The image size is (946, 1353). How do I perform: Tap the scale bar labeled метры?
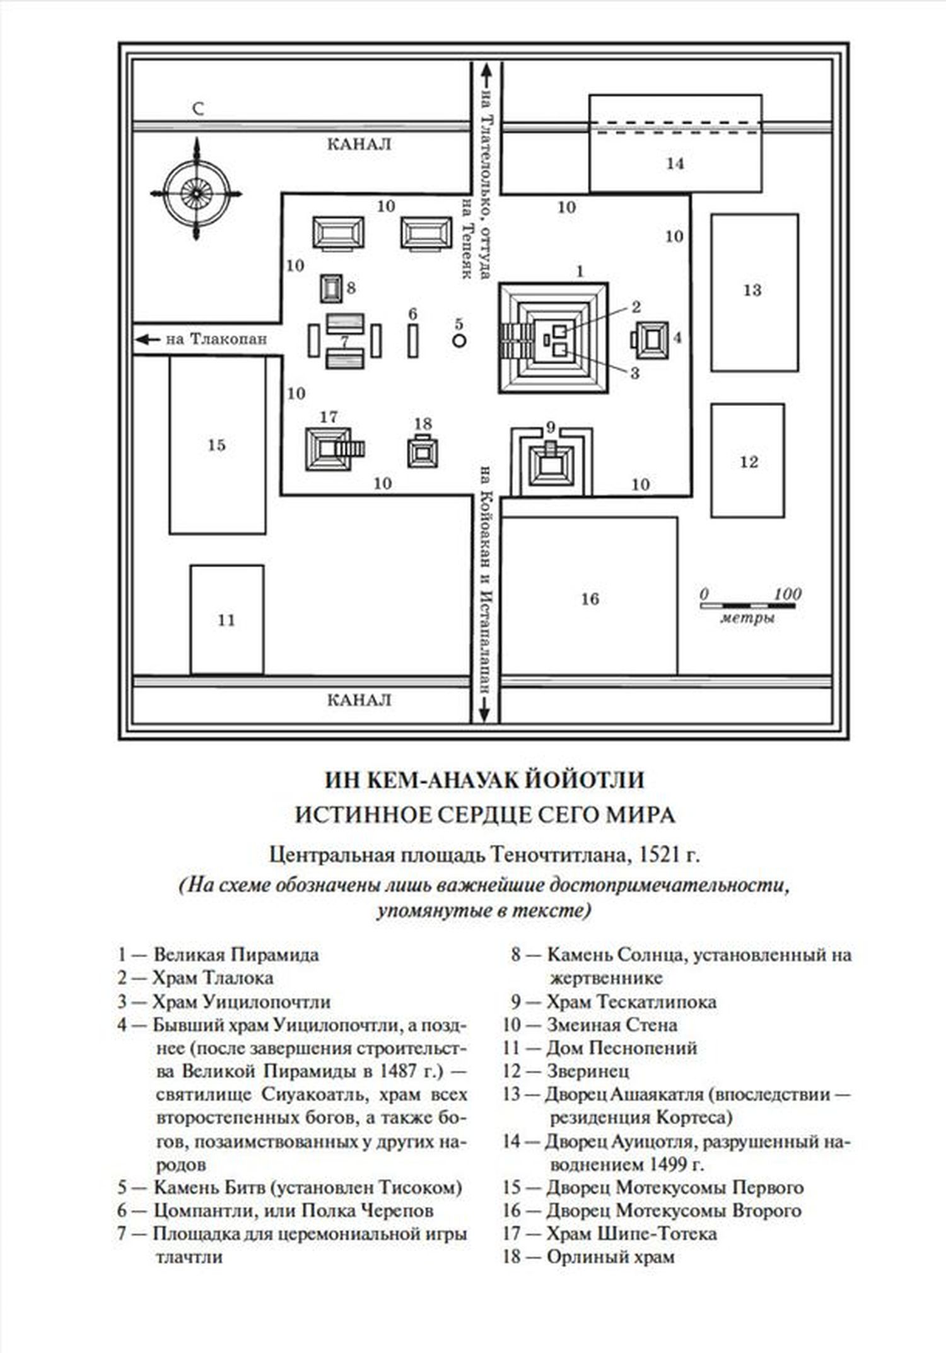pyautogui.click(x=747, y=606)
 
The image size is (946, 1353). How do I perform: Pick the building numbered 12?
pyautogui.click(x=747, y=461)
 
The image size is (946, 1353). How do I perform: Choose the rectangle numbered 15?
pyautogui.click(x=217, y=445)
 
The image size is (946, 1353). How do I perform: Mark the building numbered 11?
pyautogui.click(x=226, y=619)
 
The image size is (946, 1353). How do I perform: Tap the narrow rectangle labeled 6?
pyautogui.click(x=412, y=341)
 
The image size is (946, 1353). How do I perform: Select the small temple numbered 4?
pyautogui.click(x=651, y=339)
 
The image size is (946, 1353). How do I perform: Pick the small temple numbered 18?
pyautogui.click(x=423, y=451)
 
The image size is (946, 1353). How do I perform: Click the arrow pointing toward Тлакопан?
pyautogui.click(x=148, y=339)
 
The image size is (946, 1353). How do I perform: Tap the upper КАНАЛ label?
pyautogui.click(x=359, y=144)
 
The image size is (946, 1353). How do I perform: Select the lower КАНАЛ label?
pyautogui.click(x=359, y=700)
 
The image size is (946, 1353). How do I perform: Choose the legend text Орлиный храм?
pyautogui.click(x=610, y=1257)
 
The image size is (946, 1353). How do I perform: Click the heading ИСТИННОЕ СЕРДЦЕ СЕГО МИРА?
pyautogui.click(x=484, y=815)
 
